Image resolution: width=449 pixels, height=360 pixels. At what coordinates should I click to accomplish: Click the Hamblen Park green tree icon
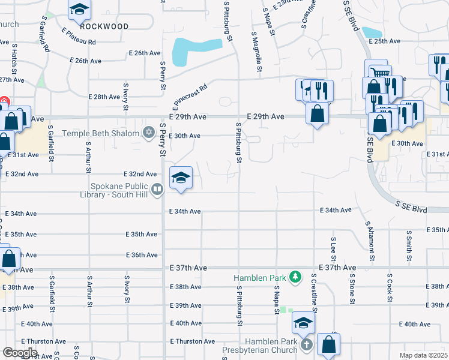[295, 277]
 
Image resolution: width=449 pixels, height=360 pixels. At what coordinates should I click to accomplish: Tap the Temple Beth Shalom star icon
[149, 132]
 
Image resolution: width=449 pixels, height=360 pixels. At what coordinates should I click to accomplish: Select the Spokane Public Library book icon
[157, 190]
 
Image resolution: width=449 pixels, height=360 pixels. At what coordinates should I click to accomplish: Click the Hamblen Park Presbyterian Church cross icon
[307, 345]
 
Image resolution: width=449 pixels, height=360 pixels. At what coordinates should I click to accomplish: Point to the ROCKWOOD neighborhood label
[104, 26]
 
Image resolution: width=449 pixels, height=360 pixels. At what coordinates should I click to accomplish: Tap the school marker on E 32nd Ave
[181, 178]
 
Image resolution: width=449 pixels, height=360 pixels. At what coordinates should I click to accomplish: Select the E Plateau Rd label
[78, 37]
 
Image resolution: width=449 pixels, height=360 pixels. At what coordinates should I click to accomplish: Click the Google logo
[20, 353]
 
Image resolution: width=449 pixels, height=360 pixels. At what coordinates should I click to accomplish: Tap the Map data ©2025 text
[423, 355]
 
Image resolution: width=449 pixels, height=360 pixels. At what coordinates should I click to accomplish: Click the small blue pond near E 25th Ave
[372, 32]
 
